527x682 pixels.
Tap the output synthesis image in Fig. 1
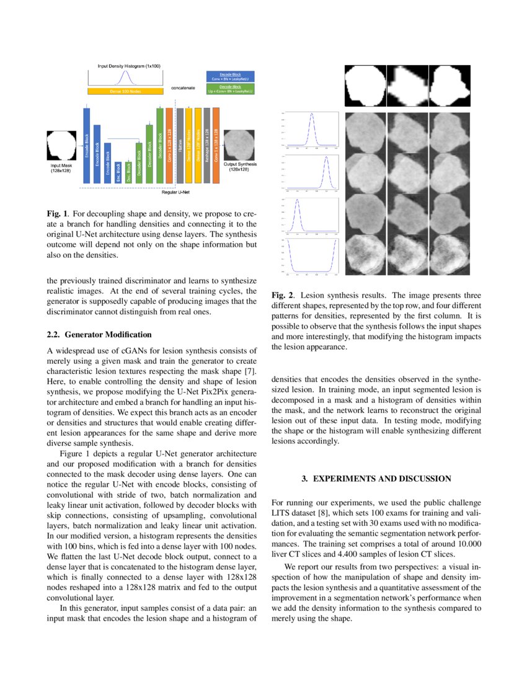pyautogui.click(x=239, y=145)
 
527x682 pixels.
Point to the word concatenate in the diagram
pyautogui.click(x=183, y=88)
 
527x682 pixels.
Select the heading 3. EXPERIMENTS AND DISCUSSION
pyautogui.click(x=376, y=479)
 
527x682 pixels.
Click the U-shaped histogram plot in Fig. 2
pyautogui.click(x=310, y=256)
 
